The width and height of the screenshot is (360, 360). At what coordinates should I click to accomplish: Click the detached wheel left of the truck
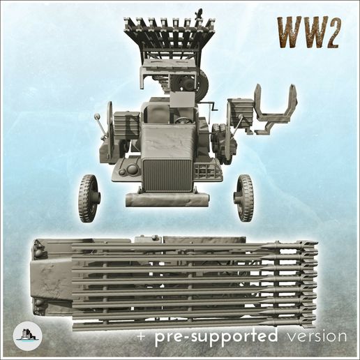click(89, 197)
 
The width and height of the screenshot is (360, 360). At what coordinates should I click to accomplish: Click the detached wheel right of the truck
click(244, 197)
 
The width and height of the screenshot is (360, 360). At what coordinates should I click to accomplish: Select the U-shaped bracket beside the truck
click(273, 108)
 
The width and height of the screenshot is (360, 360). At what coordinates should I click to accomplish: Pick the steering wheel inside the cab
click(183, 119)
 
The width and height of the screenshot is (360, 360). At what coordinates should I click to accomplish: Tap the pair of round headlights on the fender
click(130, 170)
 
